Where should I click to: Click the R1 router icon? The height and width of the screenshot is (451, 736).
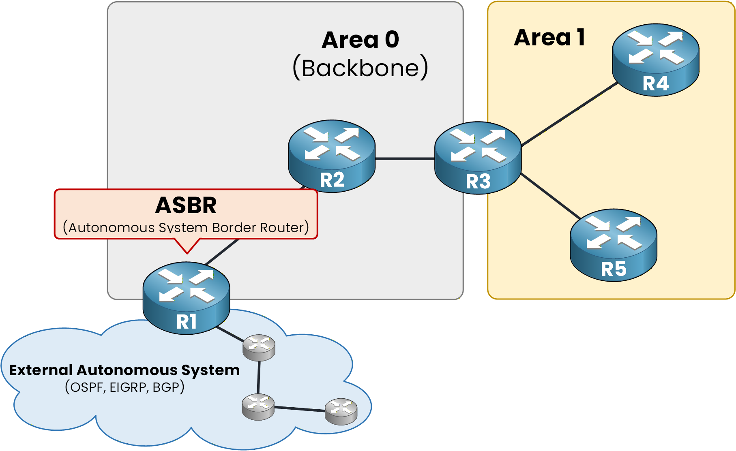(186, 298)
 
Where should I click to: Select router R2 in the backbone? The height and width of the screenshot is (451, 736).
(332, 156)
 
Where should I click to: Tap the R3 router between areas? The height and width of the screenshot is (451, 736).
(478, 158)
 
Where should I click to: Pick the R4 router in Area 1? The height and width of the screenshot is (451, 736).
(655, 60)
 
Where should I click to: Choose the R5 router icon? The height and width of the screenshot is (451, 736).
(613, 245)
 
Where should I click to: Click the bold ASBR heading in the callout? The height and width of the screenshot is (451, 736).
(186, 205)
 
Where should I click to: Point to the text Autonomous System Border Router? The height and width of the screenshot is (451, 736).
(186, 227)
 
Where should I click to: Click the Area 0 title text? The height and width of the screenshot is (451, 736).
(360, 40)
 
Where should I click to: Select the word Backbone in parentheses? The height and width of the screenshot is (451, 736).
(360, 68)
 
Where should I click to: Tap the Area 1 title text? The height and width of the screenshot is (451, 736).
(549, 37)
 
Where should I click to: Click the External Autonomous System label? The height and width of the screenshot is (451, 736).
(124, 370)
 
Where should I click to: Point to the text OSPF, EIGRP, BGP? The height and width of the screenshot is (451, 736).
(124, 387)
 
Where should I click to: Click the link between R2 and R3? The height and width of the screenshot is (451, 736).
(405, 159)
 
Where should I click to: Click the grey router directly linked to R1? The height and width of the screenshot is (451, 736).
(259, 347)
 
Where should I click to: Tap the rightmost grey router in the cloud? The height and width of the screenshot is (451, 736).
(341, 411)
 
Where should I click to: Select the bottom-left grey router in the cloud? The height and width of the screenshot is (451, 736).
(258, 406)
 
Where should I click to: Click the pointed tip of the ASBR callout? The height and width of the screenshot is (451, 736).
(187, 252)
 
